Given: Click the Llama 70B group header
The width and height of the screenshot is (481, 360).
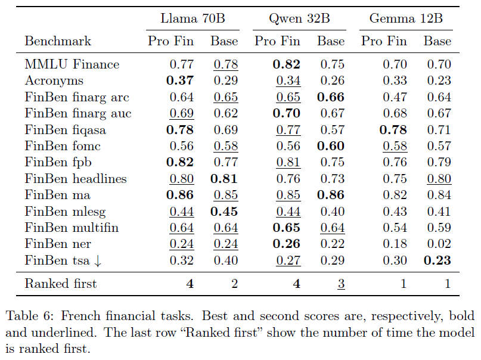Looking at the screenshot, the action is [193, 18].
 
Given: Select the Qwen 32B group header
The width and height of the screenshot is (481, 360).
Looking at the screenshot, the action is [299, 19].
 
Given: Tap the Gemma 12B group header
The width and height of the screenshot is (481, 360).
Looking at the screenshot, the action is [406, 18].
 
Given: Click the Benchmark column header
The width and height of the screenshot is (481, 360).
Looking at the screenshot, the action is [58, 41].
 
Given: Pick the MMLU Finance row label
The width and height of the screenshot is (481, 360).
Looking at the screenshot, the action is [72, 64].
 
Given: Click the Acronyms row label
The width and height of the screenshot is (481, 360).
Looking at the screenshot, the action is [54, 80].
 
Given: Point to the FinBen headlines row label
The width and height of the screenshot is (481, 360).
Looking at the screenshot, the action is [76, 179].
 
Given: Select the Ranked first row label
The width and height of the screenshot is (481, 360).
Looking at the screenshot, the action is [61, 284].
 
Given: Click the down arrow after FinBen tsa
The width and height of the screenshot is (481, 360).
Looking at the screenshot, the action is [98, 261].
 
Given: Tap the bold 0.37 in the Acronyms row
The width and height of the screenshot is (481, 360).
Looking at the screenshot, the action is [180, 80].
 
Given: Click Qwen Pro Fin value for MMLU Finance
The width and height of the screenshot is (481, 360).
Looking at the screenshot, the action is [287, 64].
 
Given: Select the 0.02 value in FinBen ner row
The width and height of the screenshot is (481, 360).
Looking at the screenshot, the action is [439, 244].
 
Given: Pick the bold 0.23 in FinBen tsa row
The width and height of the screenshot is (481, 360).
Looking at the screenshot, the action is [437, 260].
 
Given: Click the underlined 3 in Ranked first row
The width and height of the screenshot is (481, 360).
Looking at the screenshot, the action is [341, 284].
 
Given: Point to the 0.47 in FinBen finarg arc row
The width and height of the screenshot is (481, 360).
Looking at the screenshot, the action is [395, 97].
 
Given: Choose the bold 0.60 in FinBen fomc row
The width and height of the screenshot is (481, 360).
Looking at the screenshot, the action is [331, 146].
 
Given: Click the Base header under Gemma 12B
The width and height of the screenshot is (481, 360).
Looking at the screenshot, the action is [437, 41].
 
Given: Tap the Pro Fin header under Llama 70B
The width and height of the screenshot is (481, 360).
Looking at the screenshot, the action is [170, 41].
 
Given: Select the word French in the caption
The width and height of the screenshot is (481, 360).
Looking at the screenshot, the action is [80, 316].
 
